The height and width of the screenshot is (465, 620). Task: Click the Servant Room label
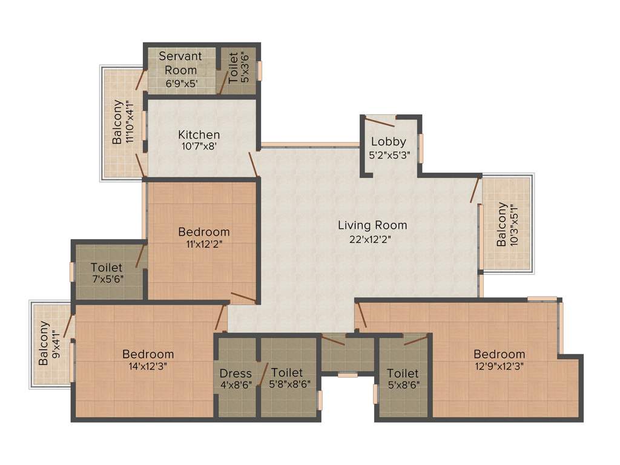click(x=180, y=63)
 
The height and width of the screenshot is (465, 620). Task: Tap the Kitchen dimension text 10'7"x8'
click(x=199, y=146)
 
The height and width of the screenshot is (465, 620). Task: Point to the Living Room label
click(x=372, y=225)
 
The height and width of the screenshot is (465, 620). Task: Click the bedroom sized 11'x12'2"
click(x=203, y=238)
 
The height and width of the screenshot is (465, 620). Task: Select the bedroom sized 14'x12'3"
click(x=148, y=360)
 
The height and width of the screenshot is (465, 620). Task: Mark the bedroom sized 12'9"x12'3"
click(x=499, y=360)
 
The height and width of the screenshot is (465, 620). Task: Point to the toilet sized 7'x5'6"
click(x=107, y=273)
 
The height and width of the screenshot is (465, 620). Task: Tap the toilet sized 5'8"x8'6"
click(x=286, y=378)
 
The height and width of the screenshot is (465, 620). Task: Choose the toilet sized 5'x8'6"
click(x=403, y=378)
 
